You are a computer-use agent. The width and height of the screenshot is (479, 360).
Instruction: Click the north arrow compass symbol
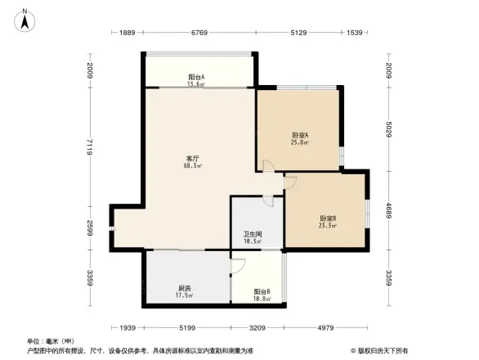pyautogui.click(x=25, y=19)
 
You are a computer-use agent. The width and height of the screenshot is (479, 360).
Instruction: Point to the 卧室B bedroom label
pyautogui.click(x=328, y=218)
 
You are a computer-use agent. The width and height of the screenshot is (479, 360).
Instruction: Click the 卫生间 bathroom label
pyautogui.click(x=252, y=234)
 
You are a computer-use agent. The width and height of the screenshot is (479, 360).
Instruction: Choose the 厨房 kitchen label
pyautogui.click(x=184, y=288)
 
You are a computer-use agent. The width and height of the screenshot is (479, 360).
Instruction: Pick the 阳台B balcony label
pyautogui.click(x=262, y=292)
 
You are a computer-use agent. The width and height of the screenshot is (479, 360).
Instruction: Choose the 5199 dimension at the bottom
pyautogui.click(x=188, y=328)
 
